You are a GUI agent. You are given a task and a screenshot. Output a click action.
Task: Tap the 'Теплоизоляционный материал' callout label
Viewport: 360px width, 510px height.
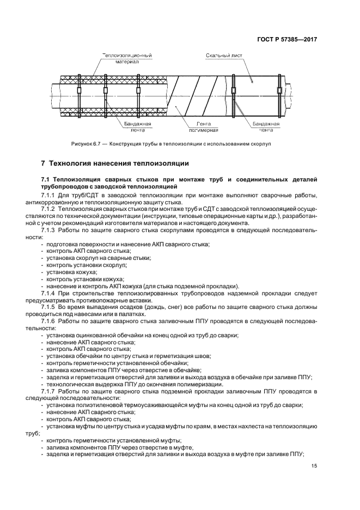click(x=127, y=58)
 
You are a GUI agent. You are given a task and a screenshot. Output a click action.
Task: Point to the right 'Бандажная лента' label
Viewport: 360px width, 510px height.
click(x=265, y=127)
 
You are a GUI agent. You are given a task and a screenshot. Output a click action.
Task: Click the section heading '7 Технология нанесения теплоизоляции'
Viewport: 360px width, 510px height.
click(x=115, y=163)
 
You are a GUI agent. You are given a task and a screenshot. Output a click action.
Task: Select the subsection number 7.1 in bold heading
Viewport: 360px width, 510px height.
click(x=45, y=179)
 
